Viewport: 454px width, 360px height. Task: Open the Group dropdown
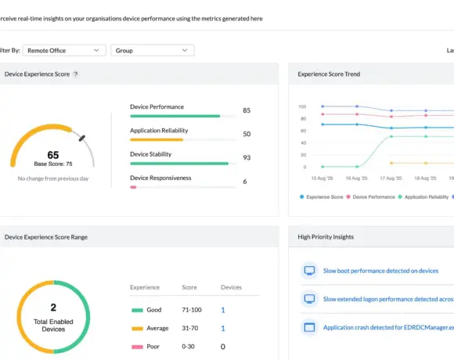coord(153,50)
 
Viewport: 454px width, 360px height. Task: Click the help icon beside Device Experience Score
coord(76,74)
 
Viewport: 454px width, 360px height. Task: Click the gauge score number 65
coord(53,155)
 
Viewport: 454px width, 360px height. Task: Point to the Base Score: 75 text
coord(53,164)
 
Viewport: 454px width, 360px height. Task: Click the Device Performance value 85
coord(247,111)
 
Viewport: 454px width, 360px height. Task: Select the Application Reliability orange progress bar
coord(157,139)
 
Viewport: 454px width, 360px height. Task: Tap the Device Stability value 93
coord(247,158)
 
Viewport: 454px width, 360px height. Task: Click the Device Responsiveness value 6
coord(245,182)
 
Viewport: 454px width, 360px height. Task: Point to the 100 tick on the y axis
coord(302,106)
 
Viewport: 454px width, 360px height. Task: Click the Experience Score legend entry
coord(322,197)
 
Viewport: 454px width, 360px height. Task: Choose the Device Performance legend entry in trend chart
coord(372,197)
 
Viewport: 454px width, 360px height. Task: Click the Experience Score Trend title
coord(329,74)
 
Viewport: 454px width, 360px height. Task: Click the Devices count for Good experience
coord(222,310)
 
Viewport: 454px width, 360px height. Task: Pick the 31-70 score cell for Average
coord(190,328)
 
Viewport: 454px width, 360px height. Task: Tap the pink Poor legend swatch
coord(138,347)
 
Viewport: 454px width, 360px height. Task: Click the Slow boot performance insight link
coord(381,271)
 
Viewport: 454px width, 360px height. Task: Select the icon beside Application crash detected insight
coord(308,327)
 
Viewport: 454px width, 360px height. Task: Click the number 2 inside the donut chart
coord(53,308)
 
